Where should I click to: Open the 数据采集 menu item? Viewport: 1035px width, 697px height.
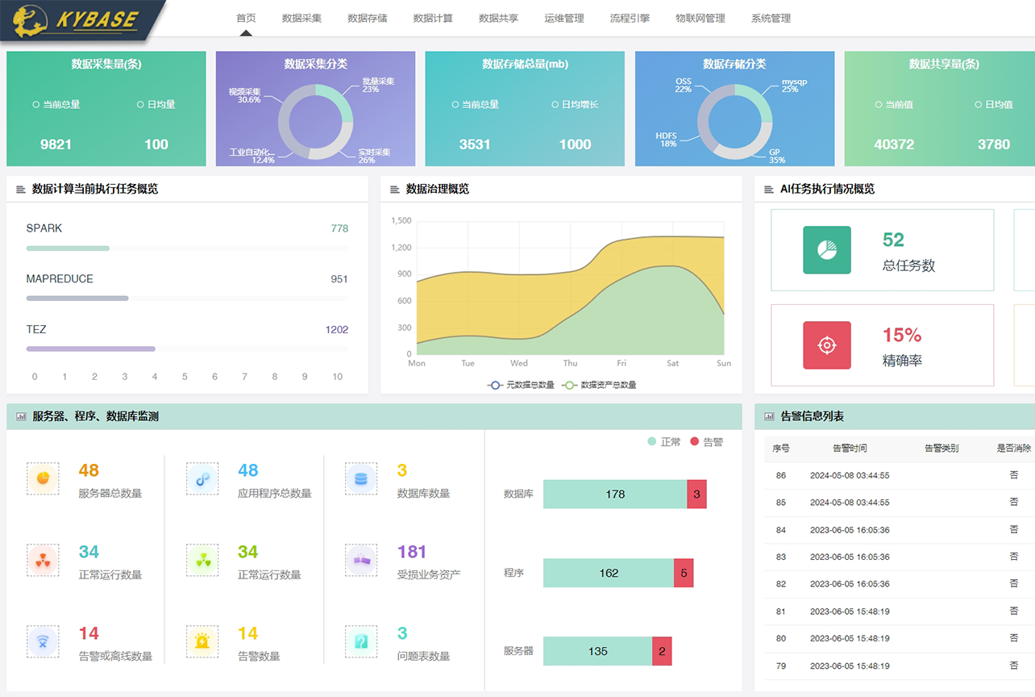click(x=301, y=18)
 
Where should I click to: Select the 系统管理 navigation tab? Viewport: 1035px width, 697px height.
click(x=771, y=18)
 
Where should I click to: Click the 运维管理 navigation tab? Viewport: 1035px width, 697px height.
click(x=564, y=18)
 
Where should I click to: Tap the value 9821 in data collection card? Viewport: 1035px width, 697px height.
click(x=56, y=144)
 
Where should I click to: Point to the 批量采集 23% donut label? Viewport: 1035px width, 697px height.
click(x=377, y=85)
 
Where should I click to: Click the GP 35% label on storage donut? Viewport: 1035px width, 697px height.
click(x=775, y=156)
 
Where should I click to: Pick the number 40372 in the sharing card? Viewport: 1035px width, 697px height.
click(x=894, y=144)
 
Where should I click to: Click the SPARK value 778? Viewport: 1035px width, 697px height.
click(x=339, y=228)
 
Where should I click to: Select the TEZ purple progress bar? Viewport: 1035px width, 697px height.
click(x=90, y=348)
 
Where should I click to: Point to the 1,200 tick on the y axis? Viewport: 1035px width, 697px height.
click(x=401, y=248)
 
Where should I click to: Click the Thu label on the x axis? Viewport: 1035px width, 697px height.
click(x=570, y=363)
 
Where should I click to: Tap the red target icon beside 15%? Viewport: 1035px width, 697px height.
click(x=827, y=345)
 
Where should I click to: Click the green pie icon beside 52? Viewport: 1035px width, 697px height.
click(x=827, y=250)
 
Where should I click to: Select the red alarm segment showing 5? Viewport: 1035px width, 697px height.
click(x=684, y=573)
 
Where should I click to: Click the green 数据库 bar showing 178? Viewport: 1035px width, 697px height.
click(x=615, y=494)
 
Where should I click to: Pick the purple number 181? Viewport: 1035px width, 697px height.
click(x=412, y=552)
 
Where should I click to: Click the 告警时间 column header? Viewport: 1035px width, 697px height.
click(x=850, y=448)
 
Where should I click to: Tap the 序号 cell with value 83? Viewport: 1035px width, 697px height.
click(x=780, y=557)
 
